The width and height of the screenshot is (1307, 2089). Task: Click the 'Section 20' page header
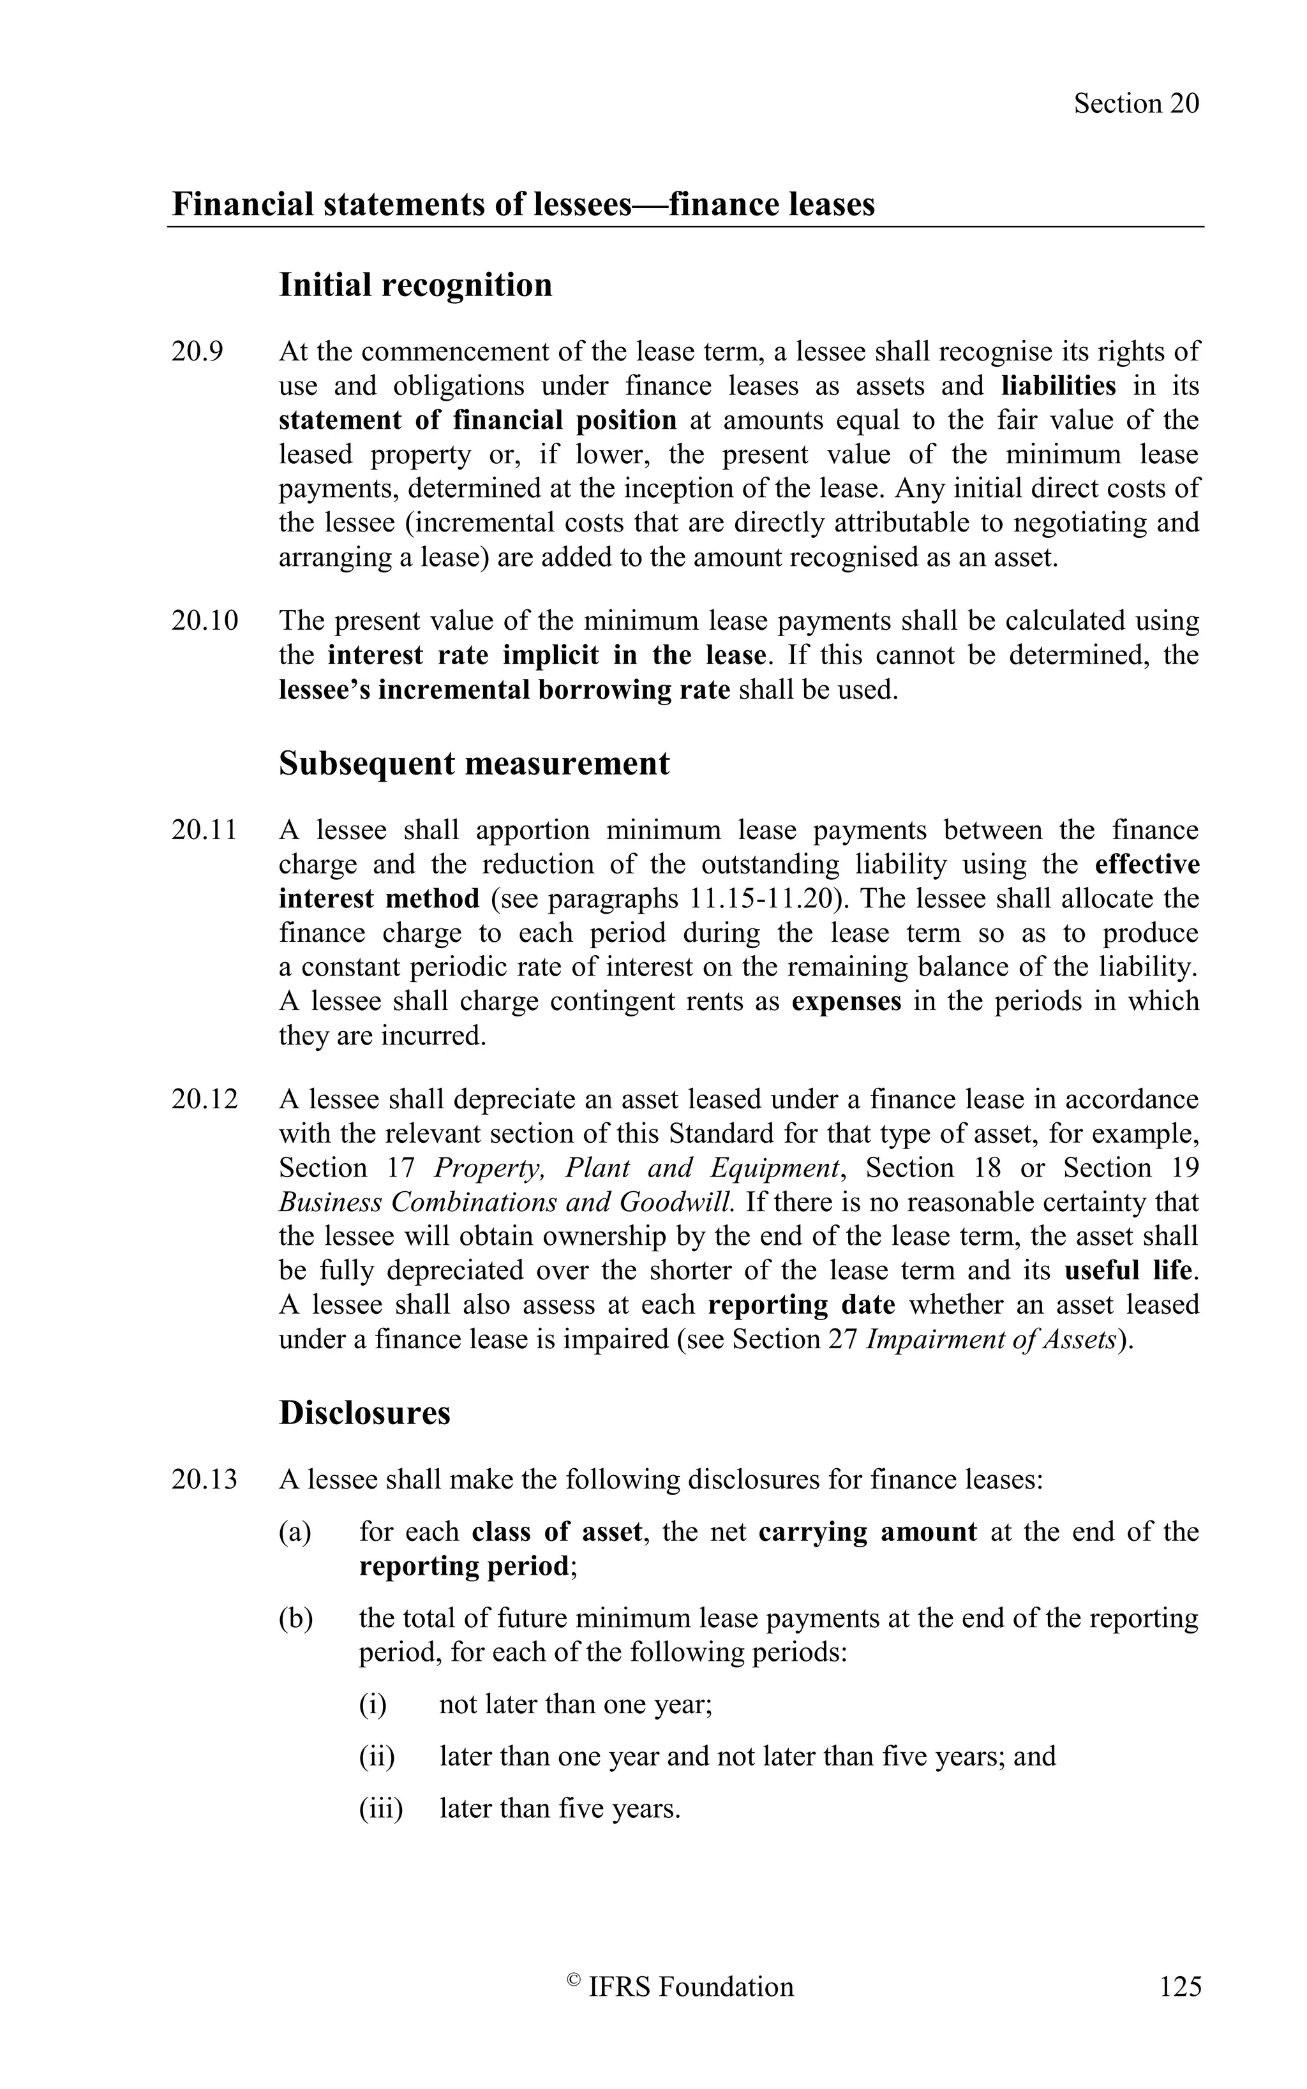1136,104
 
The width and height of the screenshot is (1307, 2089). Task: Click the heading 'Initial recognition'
415,285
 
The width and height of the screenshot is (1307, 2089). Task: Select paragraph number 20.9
197,352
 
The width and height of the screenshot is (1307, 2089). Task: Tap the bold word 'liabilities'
1064,385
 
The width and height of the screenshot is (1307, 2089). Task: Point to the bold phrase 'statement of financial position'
477,420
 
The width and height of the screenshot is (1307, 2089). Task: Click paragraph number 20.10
204,621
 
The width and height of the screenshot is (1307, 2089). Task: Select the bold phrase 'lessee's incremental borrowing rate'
504,690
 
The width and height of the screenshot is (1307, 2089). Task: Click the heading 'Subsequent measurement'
474,764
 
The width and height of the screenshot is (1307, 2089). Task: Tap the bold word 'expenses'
846,1002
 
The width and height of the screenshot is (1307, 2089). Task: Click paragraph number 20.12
204,1099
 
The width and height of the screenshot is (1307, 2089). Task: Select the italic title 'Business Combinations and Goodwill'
507,1202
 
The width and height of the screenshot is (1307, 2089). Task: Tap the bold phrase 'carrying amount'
867,1531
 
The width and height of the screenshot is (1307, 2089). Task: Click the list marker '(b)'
295,1618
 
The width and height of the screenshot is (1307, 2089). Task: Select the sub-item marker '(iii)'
380,1808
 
